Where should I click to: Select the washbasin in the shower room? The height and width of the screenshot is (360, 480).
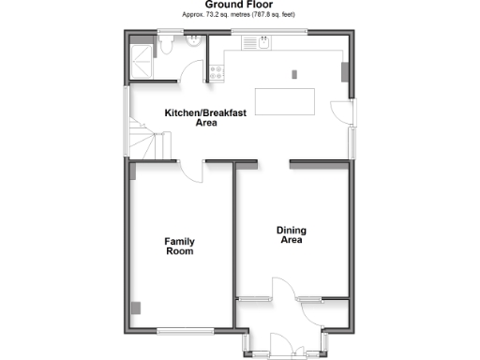[191, 42]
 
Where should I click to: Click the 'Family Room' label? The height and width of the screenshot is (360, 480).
[179, 247]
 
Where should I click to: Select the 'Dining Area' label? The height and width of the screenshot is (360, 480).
[292, 235]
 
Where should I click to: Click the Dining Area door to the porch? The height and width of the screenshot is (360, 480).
[282, 288]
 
